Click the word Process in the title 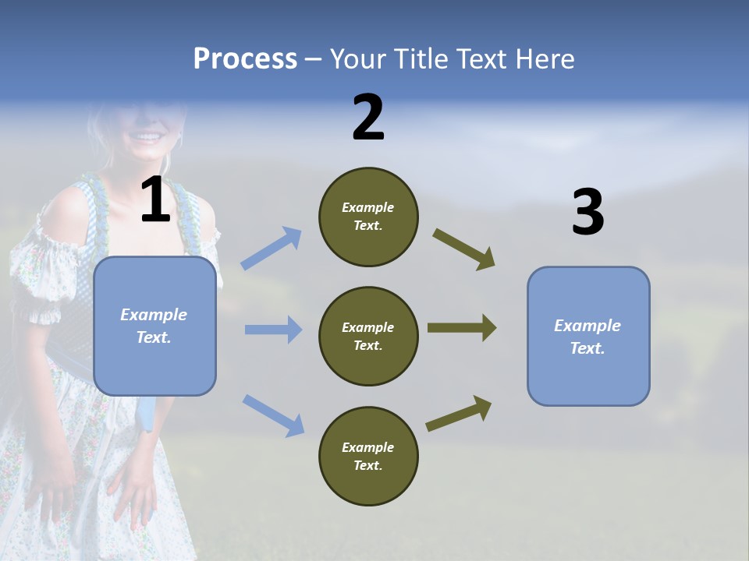point(245,58)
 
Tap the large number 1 point(155,200)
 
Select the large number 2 point(368,118)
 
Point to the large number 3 point(587,213)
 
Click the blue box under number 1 point(154,326)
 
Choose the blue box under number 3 point(588,336)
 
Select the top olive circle point(368,217)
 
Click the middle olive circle point(368,336)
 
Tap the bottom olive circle point(368,456)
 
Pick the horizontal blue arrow point(273,330)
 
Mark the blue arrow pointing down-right point(273,415)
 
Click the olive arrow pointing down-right point(464,249)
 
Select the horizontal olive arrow point(462,328)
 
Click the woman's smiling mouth point(147,137)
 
